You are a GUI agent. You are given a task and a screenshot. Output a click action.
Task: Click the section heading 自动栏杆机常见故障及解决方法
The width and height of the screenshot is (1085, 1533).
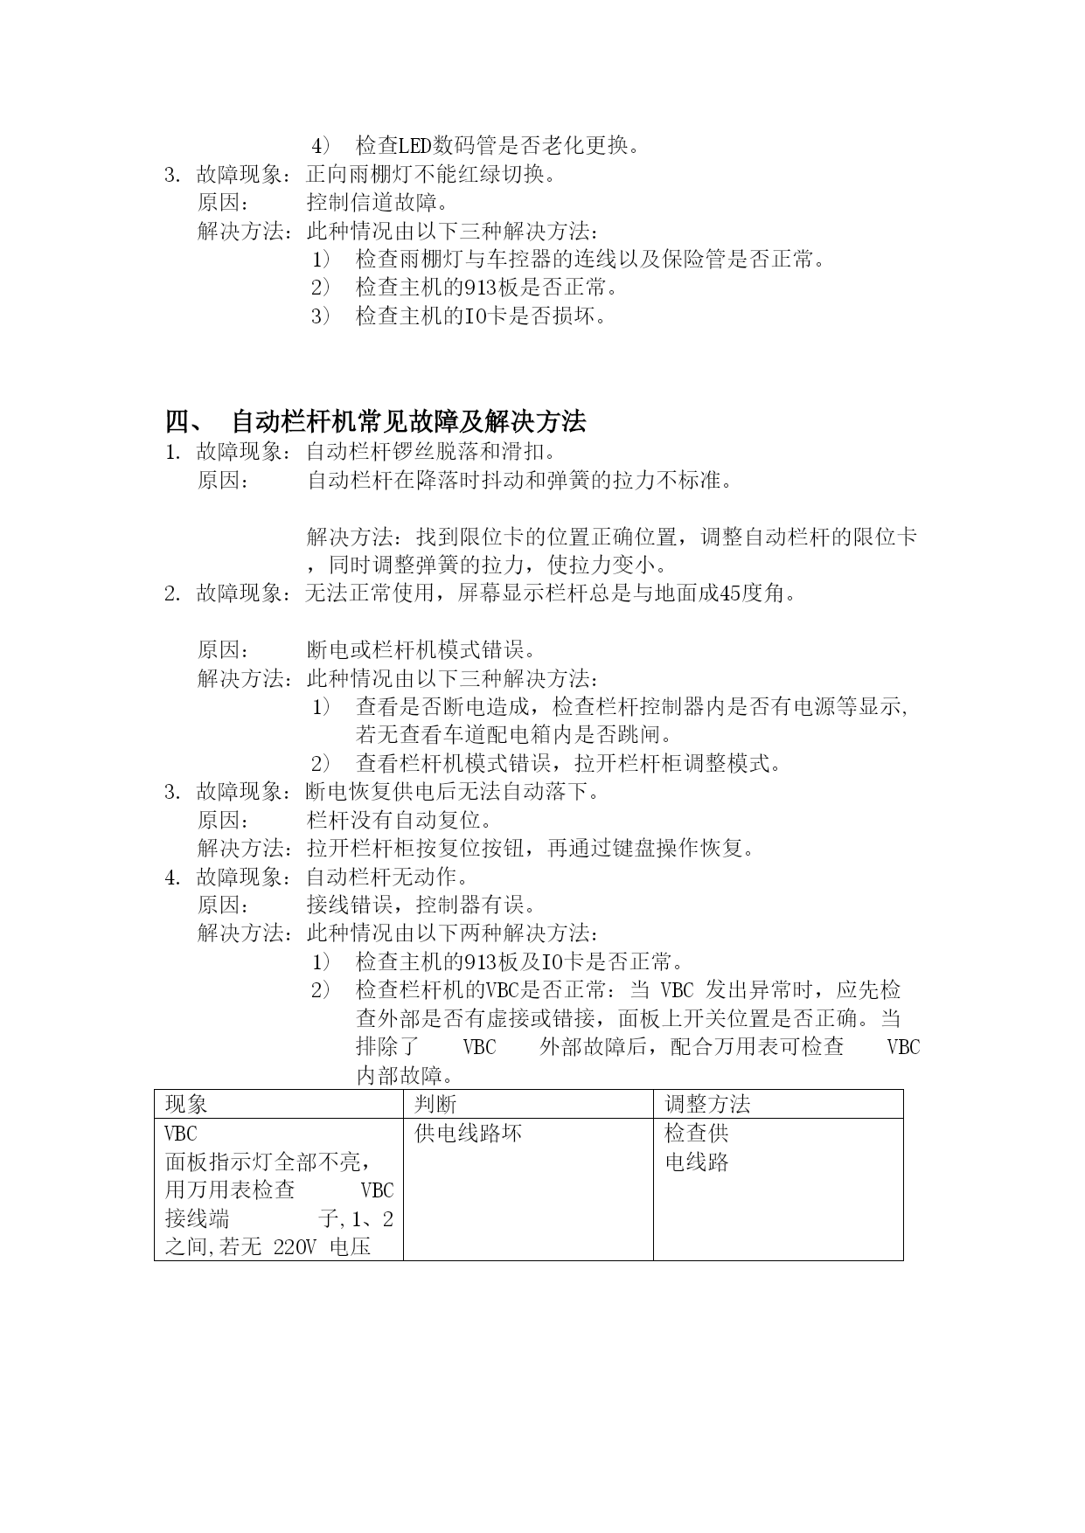coord(408,422)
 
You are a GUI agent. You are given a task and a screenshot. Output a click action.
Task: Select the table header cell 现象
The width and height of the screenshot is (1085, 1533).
coord(187,1105)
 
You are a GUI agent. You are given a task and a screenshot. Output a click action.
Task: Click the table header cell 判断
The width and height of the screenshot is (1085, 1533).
coord(435,1105)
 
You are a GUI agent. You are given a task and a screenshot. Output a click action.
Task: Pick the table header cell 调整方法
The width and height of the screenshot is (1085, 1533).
coord(707,1105)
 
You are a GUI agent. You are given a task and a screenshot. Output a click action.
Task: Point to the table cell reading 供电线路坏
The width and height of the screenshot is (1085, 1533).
coord(468,1134)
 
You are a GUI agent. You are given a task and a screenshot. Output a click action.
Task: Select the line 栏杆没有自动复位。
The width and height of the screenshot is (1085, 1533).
coord(400,821)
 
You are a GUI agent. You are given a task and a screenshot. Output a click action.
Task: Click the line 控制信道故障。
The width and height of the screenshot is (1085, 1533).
coord(378,203)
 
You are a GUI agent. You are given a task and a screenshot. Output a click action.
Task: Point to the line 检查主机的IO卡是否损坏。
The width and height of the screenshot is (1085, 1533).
coord(481,316)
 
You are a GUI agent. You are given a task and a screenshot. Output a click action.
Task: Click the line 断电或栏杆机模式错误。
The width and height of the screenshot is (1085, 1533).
coord(421,650)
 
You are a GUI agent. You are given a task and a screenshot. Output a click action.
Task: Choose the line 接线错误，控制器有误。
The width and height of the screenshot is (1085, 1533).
coord(421,905)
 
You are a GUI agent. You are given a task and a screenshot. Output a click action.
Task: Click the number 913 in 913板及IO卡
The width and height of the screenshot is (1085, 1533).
coord(481,962)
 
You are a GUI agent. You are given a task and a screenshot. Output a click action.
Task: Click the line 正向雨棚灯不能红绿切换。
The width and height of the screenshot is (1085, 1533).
coord(432,175)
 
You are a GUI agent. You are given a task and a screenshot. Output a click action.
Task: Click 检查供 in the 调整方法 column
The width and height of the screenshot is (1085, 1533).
coord(697,1134)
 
